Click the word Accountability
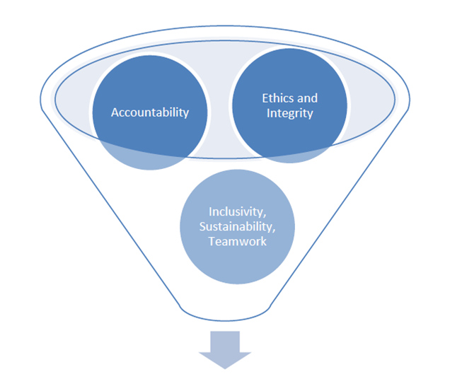click(x=150, y=112)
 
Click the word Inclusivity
click(x=236, y=211)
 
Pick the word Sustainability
click(x=237, y=226)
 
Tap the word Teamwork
click(x=237, y=241)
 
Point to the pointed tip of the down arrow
click(x=224, y=367)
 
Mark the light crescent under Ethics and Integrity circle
click(x=290, y=157)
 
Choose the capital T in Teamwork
click(x=211, y=241)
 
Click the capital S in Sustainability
click(x=202, y=226)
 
